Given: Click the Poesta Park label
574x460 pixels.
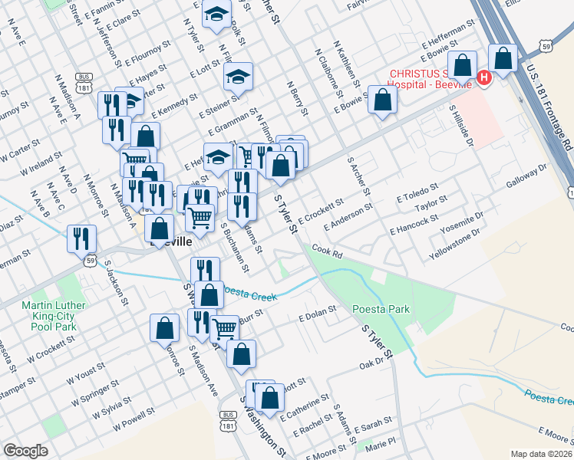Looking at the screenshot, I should click(381, 309).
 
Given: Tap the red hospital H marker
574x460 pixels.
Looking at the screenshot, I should click(483, 77).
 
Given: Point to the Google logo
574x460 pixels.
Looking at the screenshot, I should click(25, 451).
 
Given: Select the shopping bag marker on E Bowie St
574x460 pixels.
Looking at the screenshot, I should click(382, 100).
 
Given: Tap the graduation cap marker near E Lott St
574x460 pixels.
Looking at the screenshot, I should click(239, 77).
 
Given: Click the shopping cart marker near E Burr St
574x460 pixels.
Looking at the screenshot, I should click(224, 329).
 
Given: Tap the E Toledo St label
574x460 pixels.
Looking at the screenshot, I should click(417, 192).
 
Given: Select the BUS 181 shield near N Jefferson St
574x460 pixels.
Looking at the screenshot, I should click(84, 80).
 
